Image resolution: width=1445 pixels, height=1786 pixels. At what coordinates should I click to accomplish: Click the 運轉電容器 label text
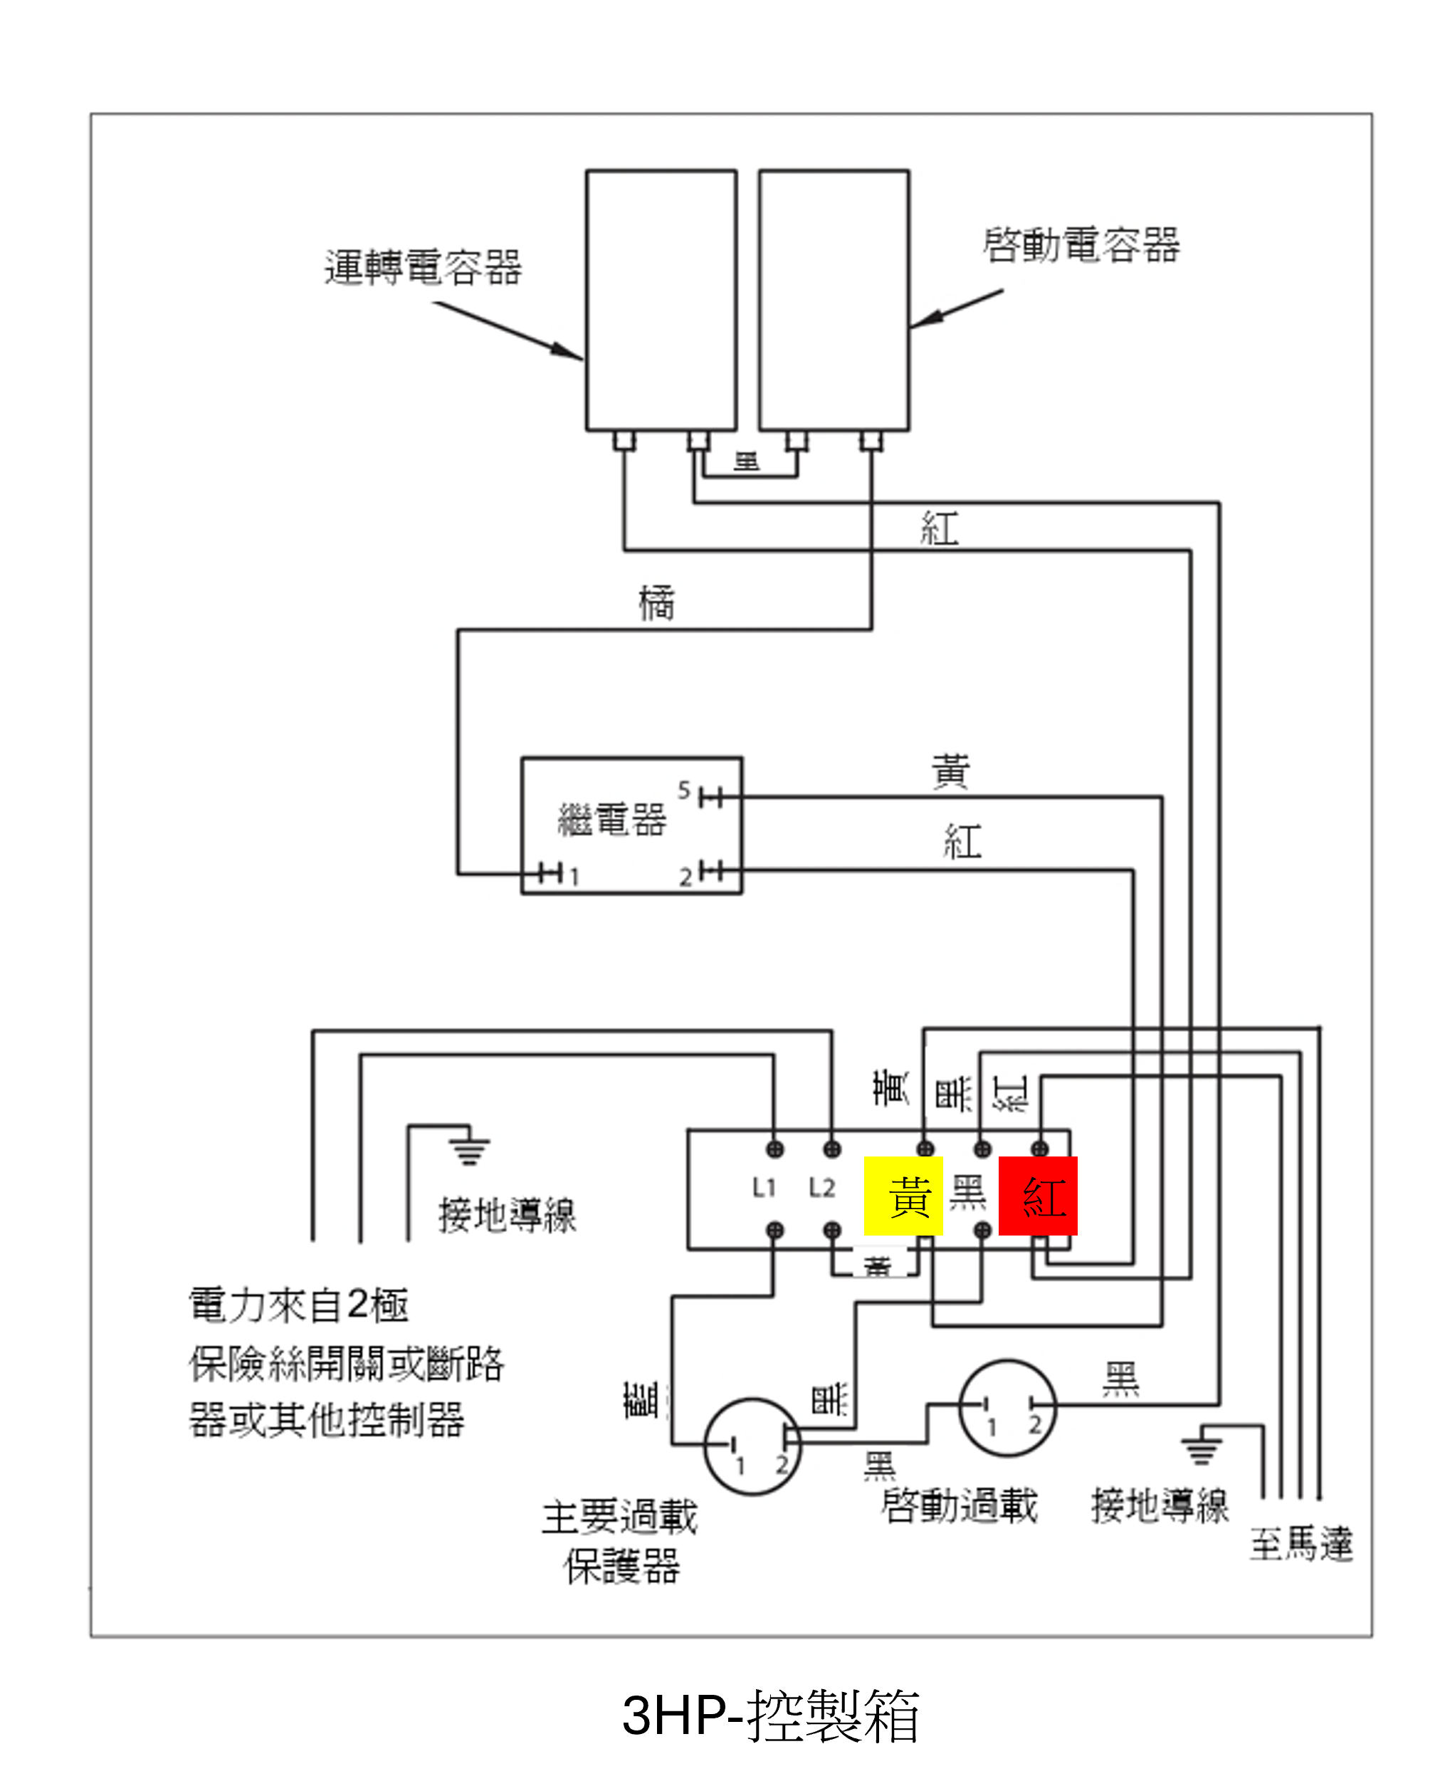click(x=423, y=268)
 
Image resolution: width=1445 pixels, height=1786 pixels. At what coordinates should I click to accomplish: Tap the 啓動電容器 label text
click(x=1081, y=246)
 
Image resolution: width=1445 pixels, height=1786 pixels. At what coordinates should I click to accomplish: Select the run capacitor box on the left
click(x=661, y=300)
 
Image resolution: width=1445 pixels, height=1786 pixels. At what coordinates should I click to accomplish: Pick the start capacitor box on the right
click(x=834, y=300)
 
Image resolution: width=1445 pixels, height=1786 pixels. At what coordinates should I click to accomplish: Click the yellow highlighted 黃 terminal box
click(x=903, y=1196)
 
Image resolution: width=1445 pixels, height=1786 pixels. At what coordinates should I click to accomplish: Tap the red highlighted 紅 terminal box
click(x=1038, y=1196)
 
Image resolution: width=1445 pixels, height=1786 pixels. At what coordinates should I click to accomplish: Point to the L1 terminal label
click(x=763, y=1188)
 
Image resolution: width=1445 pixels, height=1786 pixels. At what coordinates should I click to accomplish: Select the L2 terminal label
click(x=821, y=1188)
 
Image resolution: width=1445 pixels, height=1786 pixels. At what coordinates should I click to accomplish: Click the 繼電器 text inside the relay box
click(x=611, y=820)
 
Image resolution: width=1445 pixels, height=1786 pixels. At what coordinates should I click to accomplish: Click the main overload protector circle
click(x=752, y=1447)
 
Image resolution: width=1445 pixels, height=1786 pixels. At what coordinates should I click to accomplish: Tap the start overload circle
click(x=1007, y=1408)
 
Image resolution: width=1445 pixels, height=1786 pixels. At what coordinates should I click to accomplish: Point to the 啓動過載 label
click(x=959, y=1505)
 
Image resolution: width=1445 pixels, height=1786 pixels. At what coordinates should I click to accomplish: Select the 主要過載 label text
click(x=620, y=1517)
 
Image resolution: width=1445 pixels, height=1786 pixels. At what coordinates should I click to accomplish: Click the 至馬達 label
click(x=1301, y=1545)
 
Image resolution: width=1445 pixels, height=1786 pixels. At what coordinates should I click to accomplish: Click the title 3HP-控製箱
click(x=770, y=1717)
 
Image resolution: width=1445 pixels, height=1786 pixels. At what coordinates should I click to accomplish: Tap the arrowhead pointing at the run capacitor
click(x=569, y=350)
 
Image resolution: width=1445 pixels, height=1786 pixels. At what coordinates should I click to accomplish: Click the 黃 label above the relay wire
click(x=950, y=771)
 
